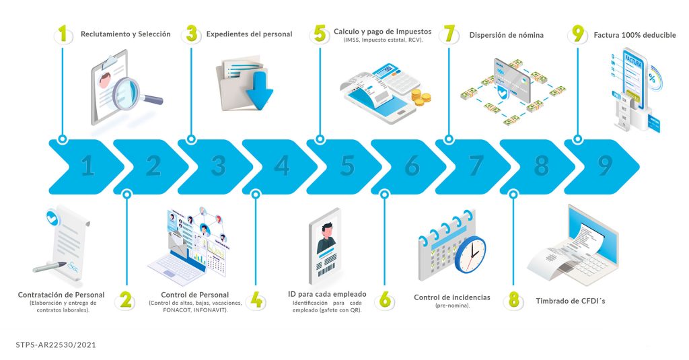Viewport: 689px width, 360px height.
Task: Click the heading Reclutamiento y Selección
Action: (126, 34)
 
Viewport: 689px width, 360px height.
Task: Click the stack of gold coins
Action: (421, 97)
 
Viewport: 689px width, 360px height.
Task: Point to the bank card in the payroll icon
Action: (512, 79)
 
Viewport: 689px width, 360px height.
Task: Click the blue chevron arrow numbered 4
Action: (279, 167)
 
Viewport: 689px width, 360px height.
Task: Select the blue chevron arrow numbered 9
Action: (602, 167)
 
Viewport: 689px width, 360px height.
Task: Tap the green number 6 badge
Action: (385, 300)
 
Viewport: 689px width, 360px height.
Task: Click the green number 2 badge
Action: (126, 300)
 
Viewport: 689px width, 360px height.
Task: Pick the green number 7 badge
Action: (449, 34)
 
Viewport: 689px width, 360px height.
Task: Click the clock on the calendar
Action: (470, 254)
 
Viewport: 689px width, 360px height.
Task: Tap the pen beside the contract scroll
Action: (49, 266)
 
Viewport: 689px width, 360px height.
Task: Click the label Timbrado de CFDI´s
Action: (571, 301)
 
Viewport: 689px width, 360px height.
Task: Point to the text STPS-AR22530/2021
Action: (56, 345)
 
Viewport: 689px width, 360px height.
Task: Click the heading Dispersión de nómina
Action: (506, 35)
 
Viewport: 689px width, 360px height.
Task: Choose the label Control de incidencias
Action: (452, 297)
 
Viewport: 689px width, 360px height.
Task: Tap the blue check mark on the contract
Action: (52, 217)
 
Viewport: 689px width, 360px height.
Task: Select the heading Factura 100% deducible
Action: (634, 35)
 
